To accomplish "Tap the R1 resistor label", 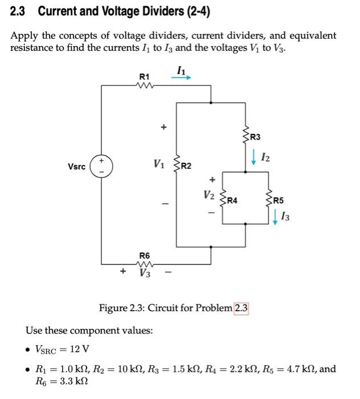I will click(x=145, y=76).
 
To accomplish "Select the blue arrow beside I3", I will click(x=276, y=217).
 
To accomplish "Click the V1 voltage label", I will click(x=159, y=165).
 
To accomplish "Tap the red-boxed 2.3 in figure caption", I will click(x=242, y=308).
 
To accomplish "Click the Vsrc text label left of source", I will click(x=76, y=167).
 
